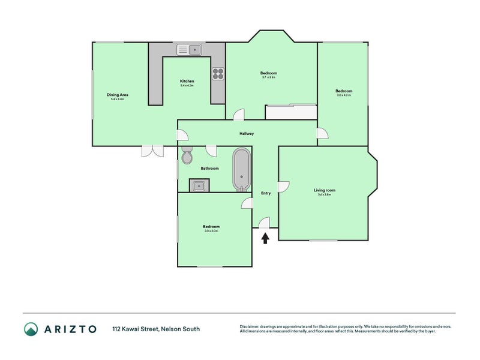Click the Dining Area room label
coord(118,95)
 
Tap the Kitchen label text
coord(187,81)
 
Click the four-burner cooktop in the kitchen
coord(218,74)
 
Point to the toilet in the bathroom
coord(187,155)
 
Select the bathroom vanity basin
coord(199,185)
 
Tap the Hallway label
coord(247,134)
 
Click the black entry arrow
coord(265,238)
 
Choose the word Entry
coord(266,193)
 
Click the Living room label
coord(325,190)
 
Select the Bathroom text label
coord(209,169)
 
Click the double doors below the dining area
coord(152,151)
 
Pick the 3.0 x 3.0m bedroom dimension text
coord(211,231)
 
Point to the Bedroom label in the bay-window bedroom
coord(268,73)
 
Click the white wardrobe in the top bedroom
coord(290,112)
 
